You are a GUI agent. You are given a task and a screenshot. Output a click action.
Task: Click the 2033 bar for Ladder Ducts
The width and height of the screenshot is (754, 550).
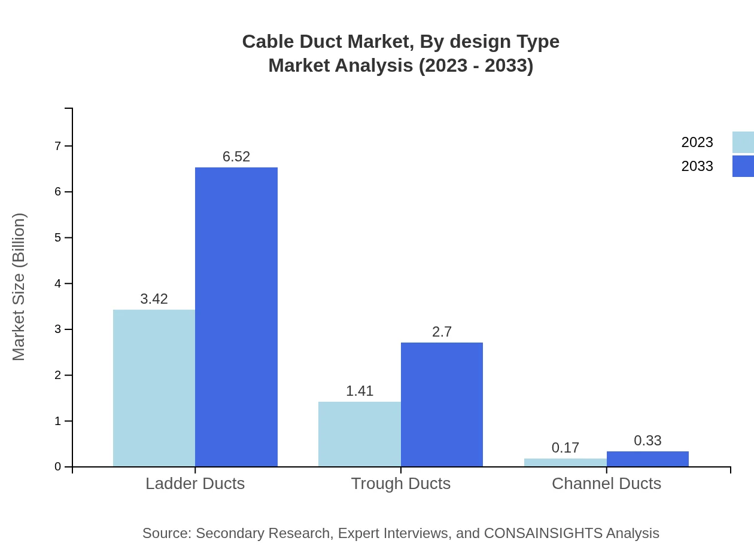(236, 317)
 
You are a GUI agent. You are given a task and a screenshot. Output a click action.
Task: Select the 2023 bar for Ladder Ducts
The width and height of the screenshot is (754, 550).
(154, 388)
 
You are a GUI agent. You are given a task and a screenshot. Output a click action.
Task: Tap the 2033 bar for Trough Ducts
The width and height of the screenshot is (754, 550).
(442, 404)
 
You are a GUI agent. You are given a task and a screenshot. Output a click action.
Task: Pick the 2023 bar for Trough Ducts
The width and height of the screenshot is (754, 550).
(359, 434)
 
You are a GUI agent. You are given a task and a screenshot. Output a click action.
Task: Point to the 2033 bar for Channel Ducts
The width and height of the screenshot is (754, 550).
(647, 459)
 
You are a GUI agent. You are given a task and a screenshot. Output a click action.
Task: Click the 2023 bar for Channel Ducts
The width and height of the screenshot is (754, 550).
(565, 463)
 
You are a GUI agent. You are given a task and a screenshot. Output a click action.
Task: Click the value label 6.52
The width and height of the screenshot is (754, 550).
(236, 157)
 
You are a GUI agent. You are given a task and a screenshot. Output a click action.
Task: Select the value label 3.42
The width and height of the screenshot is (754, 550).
(154, 299)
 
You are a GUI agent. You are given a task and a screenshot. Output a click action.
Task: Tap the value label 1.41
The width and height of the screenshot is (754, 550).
(360, 391)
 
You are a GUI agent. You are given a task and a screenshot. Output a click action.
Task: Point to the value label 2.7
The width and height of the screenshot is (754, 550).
(442, 332)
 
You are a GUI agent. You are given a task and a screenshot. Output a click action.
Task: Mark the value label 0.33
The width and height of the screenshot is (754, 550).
(647, 441)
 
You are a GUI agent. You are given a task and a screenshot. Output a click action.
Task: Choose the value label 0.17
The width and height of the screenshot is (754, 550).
(565, 448)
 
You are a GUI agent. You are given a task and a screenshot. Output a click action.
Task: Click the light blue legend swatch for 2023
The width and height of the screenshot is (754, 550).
(743, 142)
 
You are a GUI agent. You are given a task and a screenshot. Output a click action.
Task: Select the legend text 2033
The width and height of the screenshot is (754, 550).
(697, 166)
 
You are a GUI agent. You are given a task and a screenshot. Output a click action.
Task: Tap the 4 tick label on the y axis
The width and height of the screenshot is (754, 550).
(58, 283)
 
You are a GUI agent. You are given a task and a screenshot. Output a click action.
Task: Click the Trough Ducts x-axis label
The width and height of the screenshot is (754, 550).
(400, 484)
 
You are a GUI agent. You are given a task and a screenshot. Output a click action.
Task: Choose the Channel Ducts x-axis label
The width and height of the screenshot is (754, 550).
(606, 484)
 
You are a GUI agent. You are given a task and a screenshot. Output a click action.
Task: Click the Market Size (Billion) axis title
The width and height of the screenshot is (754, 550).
(19, 287)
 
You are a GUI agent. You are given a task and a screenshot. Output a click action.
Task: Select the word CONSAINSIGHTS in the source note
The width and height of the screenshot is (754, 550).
(543, 533)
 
